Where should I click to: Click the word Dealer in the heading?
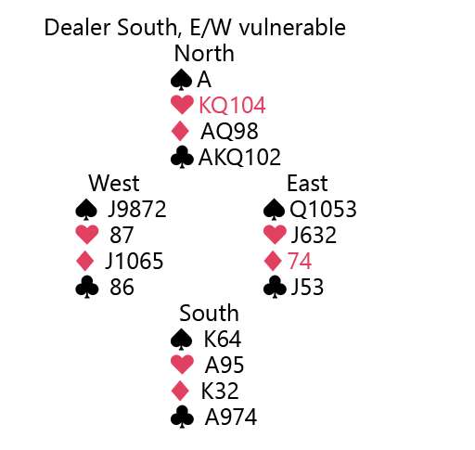click(79, 27)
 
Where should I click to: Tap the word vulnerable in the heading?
click(292, 27)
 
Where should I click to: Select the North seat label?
click(204, 53)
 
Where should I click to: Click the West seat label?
click(114, 183)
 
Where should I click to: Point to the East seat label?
click(307, 183)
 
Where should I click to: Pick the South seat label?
click(209, 313)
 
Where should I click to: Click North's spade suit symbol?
click(181, 80)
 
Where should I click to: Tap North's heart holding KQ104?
click(232, 106)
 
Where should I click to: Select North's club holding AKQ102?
click(239, 158)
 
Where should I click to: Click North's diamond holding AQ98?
click(229, 132)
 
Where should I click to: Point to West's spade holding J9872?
click(137, 210)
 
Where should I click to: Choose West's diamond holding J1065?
click(134, 262)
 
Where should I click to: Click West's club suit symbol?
click(87, 288)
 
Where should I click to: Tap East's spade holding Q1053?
click(323, 210)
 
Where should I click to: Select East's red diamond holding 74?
click(300, 262)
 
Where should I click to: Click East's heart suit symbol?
click(275, 235)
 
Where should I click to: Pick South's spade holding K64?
click(223, 340)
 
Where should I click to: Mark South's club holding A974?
click(231, 418)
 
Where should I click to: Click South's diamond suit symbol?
click(180, 392)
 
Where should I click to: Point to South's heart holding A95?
click(225, 366)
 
